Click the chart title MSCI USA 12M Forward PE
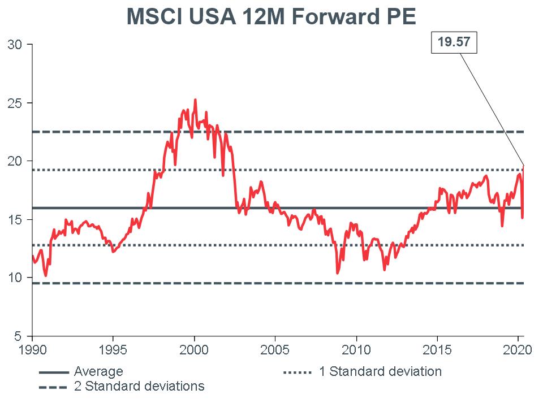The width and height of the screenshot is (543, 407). coord(271,17)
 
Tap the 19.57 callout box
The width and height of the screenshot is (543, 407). coord(454,42)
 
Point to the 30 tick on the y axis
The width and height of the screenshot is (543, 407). coord(15,45)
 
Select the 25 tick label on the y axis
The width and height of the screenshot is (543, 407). coord(15,103)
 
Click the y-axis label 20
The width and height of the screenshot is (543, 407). coord(15,162)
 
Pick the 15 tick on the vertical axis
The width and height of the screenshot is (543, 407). coord(15,220)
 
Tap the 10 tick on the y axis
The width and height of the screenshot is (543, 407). coord(15,278)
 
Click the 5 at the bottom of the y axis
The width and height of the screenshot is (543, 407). coord(18,336)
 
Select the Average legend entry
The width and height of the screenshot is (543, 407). coord(98,372)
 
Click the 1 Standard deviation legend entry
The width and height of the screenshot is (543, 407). coord(380,372)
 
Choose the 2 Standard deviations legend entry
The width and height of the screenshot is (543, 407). coord(139,387)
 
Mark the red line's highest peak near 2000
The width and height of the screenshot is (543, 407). coord(195,100)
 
